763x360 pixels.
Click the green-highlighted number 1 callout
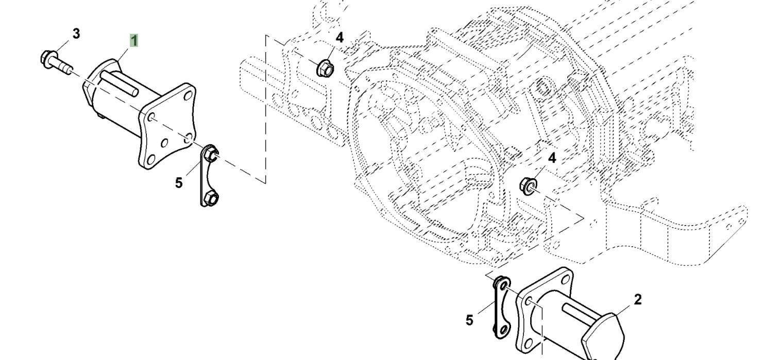coord(134,40)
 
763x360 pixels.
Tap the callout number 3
coord(76,34)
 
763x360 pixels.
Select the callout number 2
coord(638,299)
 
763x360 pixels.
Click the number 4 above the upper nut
coord(339,38)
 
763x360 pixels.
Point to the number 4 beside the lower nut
coord(552,158)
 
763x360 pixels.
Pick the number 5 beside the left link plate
coord(179,183)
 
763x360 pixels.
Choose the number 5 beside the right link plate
coord(469,320)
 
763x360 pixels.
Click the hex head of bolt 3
coord(46,56)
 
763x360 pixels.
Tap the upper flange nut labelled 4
coord(324,67)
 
